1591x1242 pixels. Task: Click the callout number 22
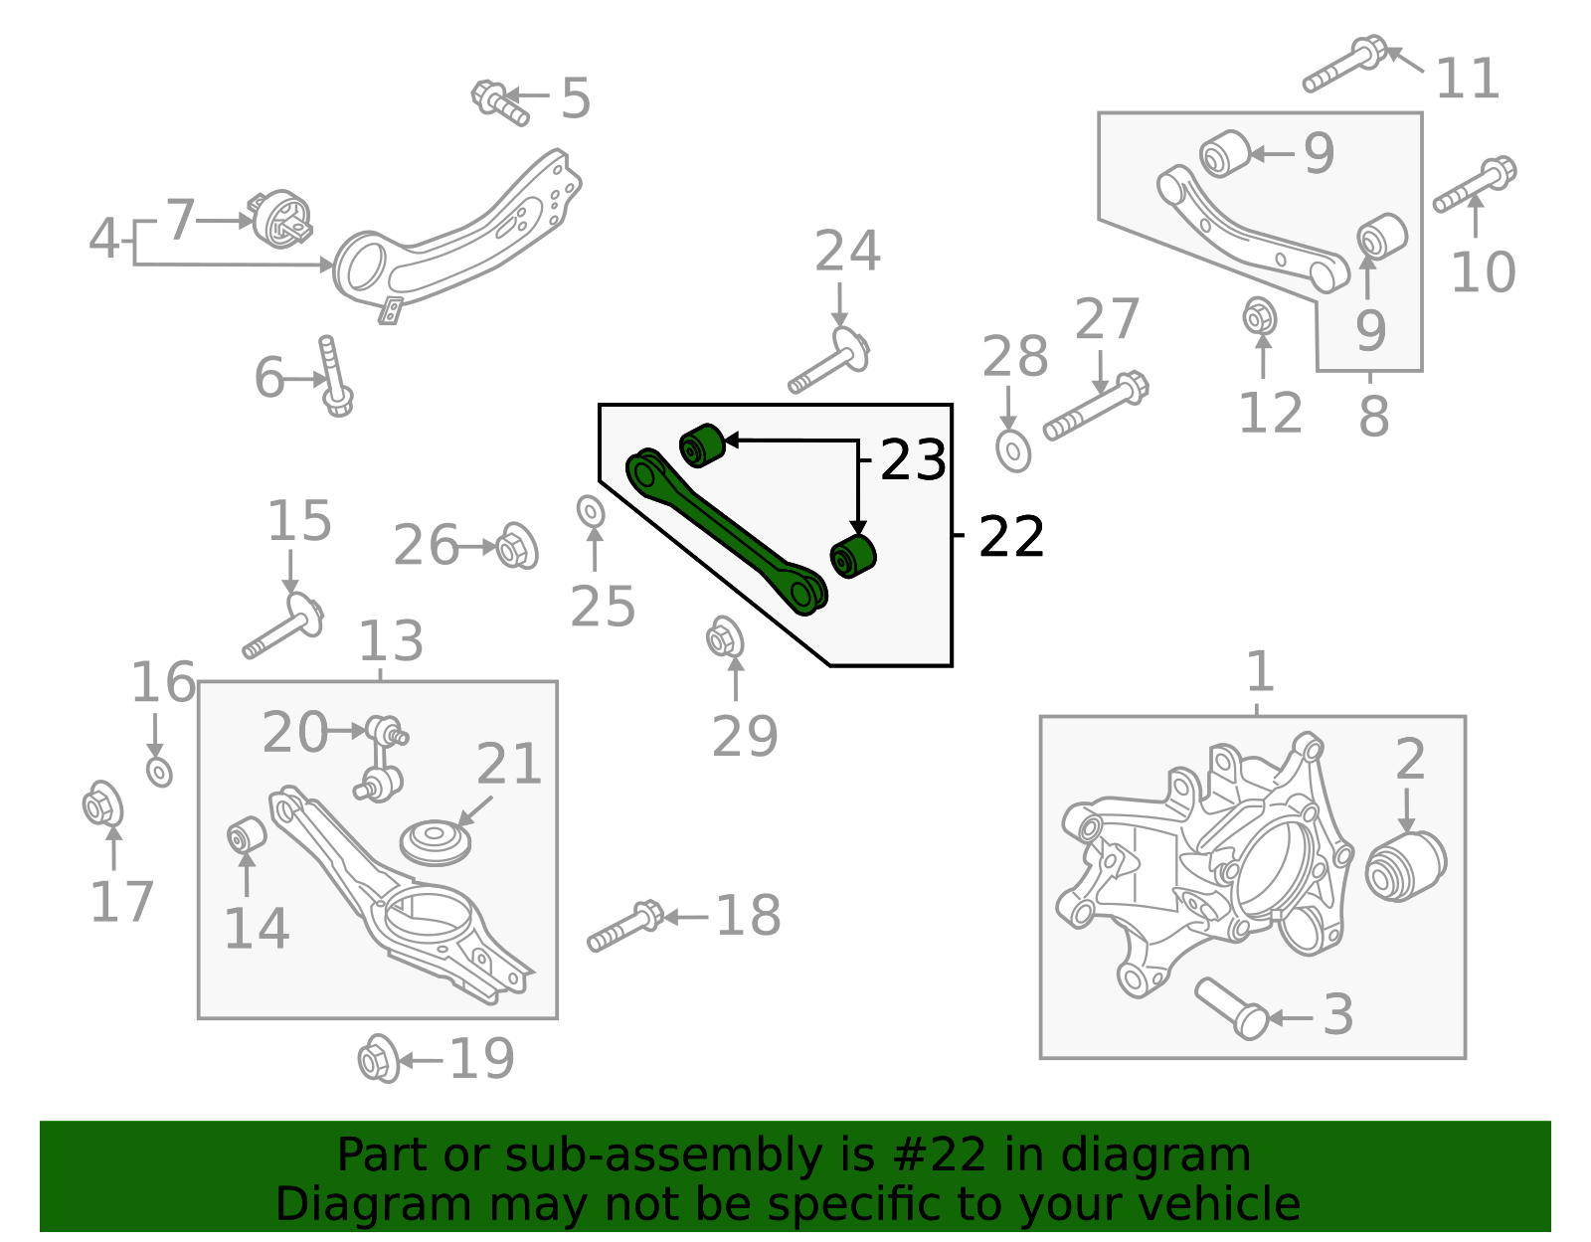click(1011, 537)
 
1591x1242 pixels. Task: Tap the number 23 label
click(913, 460)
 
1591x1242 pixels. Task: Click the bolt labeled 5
click(500, 102)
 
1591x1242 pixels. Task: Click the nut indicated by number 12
click(1260, 317)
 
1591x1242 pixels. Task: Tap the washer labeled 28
click(1013, 451)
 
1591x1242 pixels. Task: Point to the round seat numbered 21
click(435, 843)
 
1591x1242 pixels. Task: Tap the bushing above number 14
click(246, 834)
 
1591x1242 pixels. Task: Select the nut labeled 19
click(378, 1060)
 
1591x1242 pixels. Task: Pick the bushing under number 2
click(1405, 866)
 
